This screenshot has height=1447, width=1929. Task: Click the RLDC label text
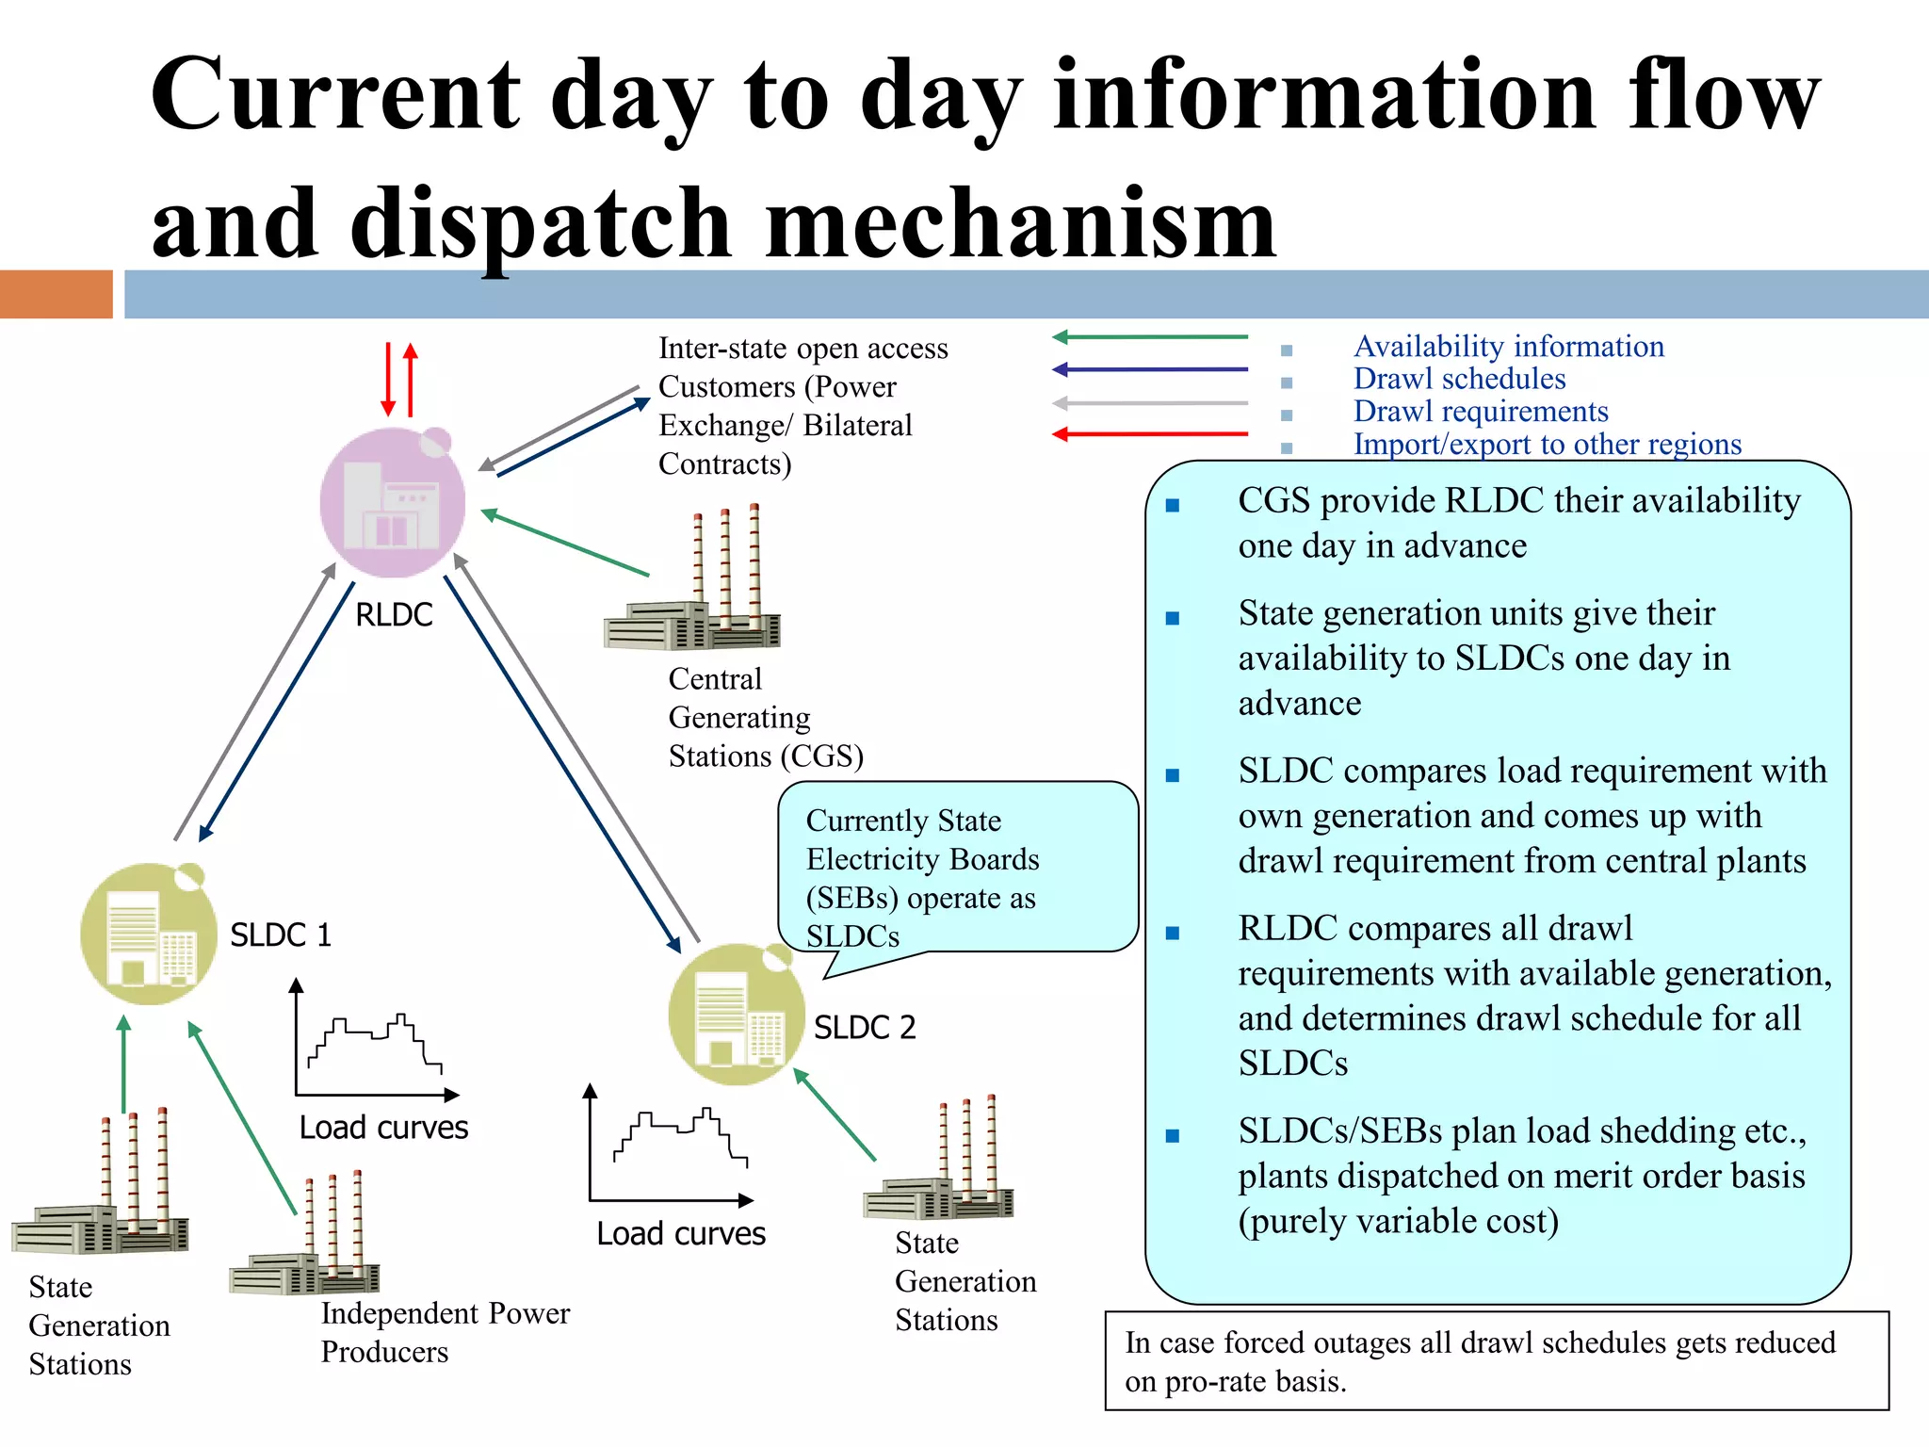394,614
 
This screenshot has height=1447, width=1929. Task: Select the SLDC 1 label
281,935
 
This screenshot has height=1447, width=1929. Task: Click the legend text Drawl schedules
1458,379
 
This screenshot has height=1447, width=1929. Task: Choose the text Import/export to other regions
1547,444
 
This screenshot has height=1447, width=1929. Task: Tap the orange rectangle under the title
56,294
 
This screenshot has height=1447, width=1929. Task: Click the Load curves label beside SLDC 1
383,1127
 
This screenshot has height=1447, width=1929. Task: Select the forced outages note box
1496,1360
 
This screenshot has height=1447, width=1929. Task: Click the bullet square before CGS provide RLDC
1173,505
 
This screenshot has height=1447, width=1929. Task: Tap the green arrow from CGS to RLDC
565,543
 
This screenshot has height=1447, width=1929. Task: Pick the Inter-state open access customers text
802,405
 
